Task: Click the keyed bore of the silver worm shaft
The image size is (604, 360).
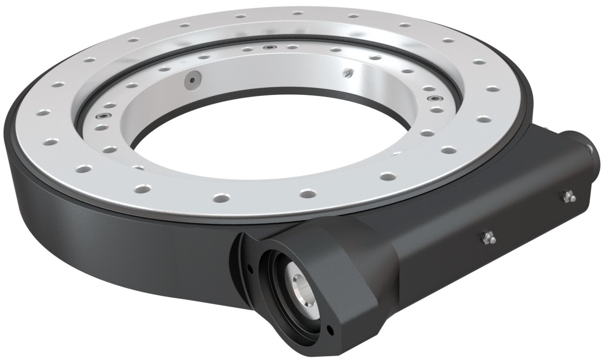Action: point(300,281)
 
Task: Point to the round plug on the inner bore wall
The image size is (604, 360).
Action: point(191,80)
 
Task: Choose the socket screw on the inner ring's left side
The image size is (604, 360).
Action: point(100,117)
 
